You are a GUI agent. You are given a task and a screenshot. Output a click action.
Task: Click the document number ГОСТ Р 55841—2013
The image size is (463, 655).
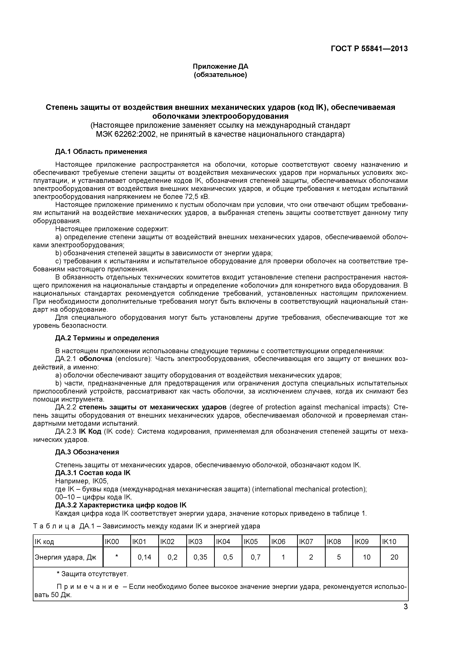click(369, 49)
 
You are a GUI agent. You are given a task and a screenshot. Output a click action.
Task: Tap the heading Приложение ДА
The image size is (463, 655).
click(220, 66)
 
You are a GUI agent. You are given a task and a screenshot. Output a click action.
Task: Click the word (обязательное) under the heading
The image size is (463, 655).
click(220, 75)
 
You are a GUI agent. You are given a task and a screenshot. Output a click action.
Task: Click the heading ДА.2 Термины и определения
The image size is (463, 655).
click(107, 338)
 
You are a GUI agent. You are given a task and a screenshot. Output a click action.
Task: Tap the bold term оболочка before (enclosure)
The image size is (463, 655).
click(96, 359)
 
